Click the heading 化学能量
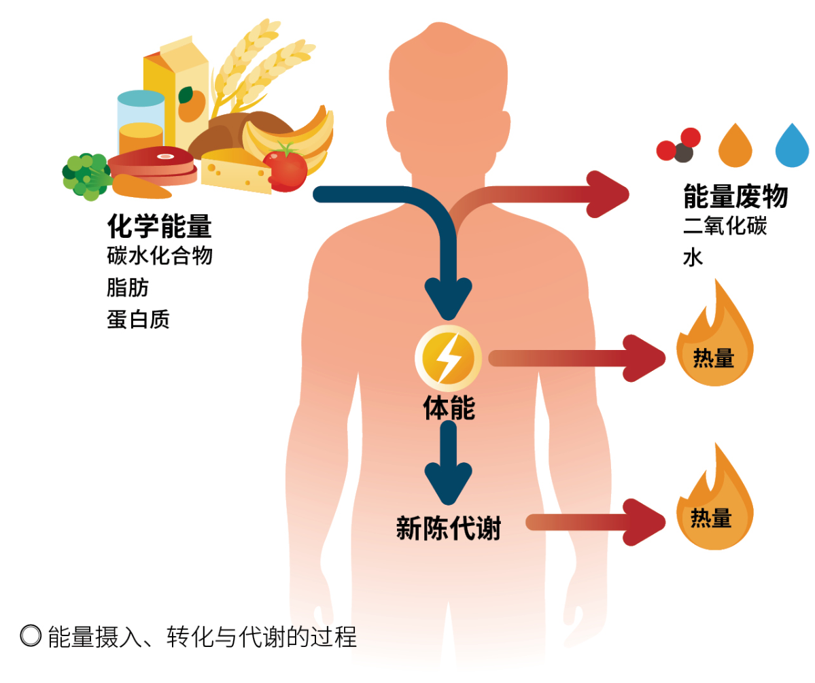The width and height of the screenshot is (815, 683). point(159,226)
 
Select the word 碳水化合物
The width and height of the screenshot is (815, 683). point(160,256)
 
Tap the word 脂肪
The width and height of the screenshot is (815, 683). point(128,287)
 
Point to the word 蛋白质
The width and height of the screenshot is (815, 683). point(138,319)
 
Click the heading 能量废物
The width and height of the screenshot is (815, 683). point(735,196)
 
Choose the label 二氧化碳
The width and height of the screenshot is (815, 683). point(725,226)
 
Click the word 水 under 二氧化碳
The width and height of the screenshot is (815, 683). point(693,258)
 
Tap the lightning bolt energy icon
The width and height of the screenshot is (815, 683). point(448,358)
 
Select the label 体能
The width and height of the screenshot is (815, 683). point(449,408)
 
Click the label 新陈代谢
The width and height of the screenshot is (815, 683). point(449,528)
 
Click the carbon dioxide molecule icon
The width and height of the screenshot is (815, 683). point(678,145)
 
